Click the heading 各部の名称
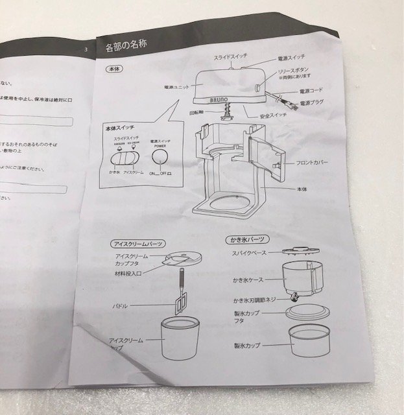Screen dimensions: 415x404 pyautogui.click(x=128, y=47)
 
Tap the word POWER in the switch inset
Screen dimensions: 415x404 pyautogui.click(x=160, y=147)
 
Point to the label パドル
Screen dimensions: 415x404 pyautogui.click(x=120, y=305)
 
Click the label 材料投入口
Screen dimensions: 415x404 pyautogui.click(x=128, y=274)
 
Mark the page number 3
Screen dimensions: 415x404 pyautogui.click(x=86, y=49)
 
